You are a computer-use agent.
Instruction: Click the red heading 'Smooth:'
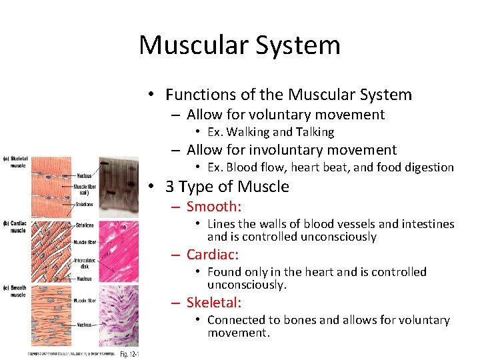213,207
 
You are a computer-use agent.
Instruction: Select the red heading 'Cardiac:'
213,255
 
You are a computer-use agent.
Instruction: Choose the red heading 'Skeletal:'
213,303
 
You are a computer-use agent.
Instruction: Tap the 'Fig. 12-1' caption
129,354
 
